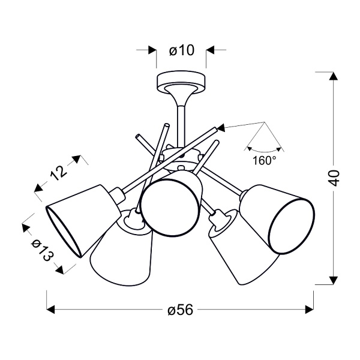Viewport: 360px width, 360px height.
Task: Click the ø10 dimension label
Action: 181,51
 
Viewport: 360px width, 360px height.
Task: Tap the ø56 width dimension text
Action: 179,310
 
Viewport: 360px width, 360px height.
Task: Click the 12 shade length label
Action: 58,173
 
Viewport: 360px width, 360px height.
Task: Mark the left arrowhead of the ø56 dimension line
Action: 52,310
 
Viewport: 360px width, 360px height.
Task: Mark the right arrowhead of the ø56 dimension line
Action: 310,310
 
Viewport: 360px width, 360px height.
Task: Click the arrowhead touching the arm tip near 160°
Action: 220,127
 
